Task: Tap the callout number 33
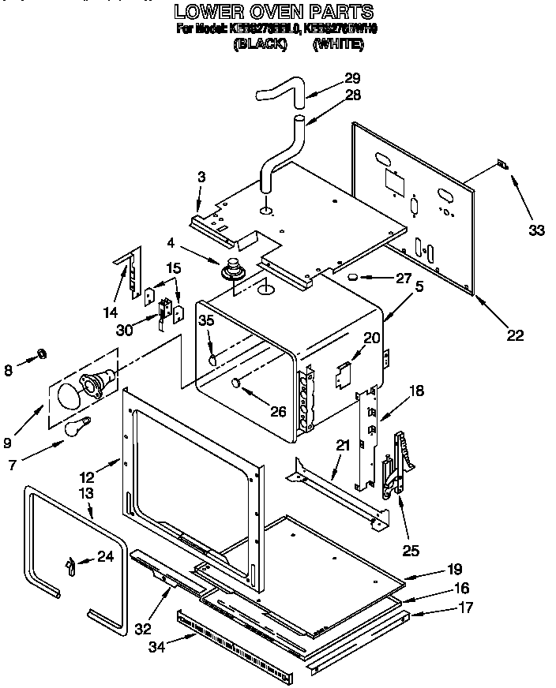click(x=536, y=230)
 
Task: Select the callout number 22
click(x=514, y=335)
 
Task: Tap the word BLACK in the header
click(x=260, y=45)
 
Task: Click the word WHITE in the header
click(x=338, y=45)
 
